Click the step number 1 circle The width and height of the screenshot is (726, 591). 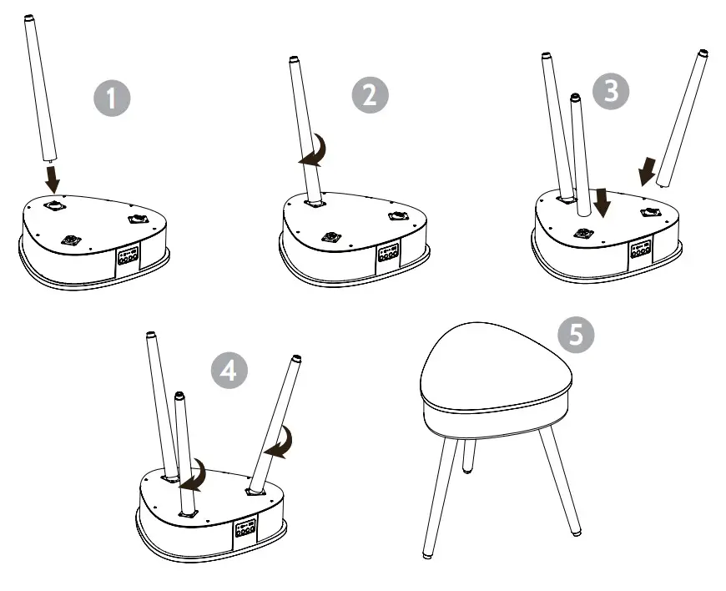point(112,98)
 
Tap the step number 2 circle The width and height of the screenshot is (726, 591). point(370,95)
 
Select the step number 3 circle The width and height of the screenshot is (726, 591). point(611,91)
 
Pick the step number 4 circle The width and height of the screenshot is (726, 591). point(229,371)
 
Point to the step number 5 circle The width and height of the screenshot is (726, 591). point(576,333)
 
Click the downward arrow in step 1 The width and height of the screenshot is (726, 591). point(53,179)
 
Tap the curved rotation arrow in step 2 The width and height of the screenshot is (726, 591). point(315,150)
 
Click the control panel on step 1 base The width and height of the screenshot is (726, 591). point(128,256)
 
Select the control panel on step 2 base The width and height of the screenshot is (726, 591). point(389,254)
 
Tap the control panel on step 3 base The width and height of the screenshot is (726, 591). point(640,250)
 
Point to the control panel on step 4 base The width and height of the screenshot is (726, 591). point(245,528)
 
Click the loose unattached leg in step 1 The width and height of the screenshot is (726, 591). point(41,88)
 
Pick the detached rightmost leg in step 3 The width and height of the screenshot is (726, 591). point(682,119)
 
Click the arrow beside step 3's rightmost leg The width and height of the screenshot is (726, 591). point(648,171)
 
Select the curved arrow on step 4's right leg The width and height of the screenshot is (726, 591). point(280,443)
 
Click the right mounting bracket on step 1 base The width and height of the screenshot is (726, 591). point(138,219)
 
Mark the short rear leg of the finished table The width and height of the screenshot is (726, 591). point(469,457)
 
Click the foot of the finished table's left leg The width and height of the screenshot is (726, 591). point(428,555)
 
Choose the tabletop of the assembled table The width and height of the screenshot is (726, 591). point(496,366)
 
